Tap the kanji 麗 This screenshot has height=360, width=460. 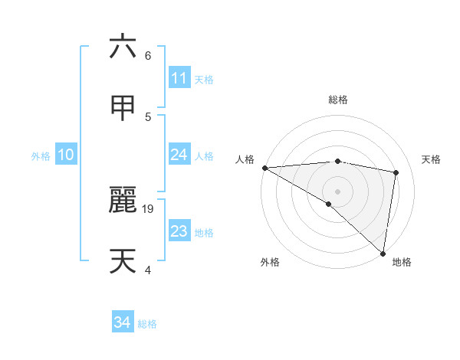click(x=123, y=200)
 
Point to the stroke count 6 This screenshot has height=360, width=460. click(x=147, y=56)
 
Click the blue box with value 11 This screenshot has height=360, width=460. click(x=179, y=78)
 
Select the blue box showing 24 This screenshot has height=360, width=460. click(x=179, y=155)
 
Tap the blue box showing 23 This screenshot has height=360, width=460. click(x=179, y=231)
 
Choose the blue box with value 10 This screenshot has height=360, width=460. click(x=65, y=155)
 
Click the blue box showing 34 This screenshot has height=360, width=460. click(x=122, y=322)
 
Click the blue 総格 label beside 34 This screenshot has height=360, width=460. click(x=147, y=324)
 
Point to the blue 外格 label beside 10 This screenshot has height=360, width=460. click(x=41, y=156)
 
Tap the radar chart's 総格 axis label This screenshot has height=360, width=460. click(x=337, y=100)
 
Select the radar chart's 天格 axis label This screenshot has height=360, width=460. click(x=432, y=159)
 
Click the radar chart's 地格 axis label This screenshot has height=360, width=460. click(x=402, y=263)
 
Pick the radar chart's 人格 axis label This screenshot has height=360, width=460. click(x=245, y=159)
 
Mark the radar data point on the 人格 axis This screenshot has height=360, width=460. click(x=264, y=168)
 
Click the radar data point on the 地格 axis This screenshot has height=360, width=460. click(x=383, y=254)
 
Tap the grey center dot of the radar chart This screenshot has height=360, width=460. click(x=337, y=191)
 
